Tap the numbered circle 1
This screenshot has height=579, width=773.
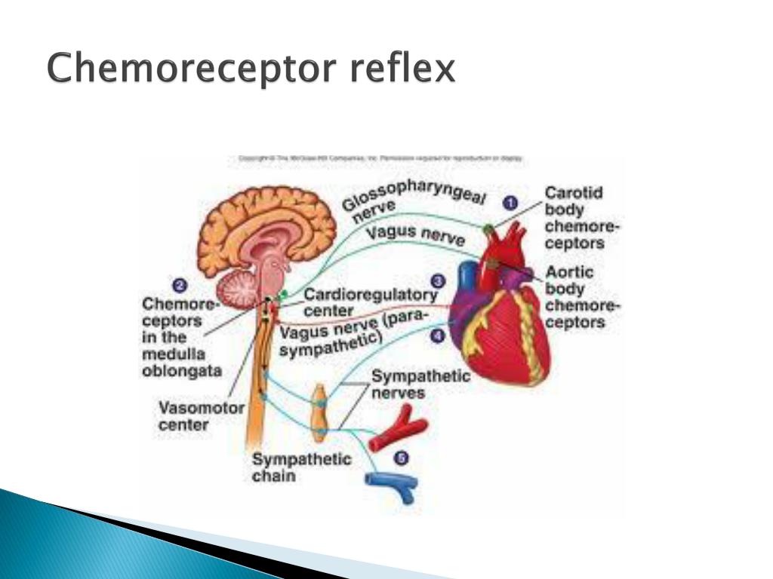(511, 203)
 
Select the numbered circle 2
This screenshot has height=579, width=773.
(180, 286)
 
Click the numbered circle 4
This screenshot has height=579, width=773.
(438, 335)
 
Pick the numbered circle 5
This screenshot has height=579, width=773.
(401, 458)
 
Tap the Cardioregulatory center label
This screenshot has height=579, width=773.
(370, 302)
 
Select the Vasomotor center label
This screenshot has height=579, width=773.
(202, 416)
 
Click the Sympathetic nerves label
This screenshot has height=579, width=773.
(420, 384)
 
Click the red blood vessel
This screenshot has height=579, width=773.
(397, 427)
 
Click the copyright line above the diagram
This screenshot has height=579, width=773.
(380, 159)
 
